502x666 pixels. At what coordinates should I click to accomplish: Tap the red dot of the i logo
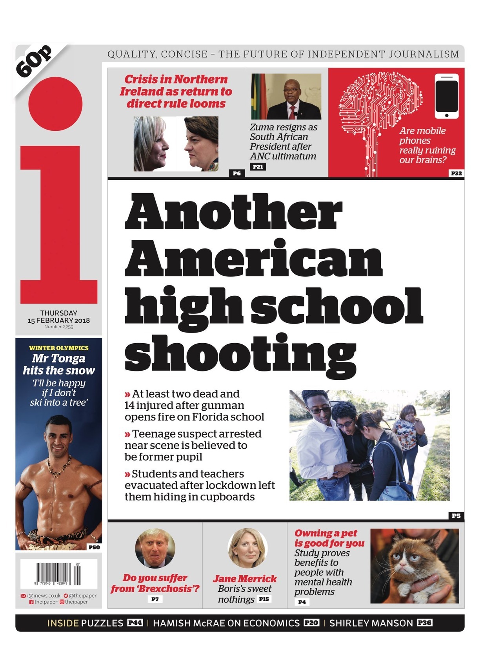click(55, 104)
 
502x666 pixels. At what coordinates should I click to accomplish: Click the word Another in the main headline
click(233, 212)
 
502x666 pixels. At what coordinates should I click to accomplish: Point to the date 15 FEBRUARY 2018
click(58, 320)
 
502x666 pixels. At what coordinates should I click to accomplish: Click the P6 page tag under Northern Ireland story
click(236, 173)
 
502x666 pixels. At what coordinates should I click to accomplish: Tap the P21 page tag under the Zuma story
click(258, 167)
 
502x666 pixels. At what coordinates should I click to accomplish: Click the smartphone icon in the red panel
click(446, 96)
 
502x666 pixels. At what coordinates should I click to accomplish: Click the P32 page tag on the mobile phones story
click(456, 173)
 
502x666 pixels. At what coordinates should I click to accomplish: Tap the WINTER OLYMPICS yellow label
click(59, 348)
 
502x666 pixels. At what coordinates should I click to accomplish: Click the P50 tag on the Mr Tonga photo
click(94, 547)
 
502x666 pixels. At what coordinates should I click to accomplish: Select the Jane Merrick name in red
click(245, 579)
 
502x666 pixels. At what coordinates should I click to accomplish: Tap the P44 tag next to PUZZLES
click(135, 623)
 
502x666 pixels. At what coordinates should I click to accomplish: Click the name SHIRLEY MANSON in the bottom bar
click(371, 623)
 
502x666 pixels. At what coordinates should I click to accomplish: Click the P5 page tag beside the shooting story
click(456, 516)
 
